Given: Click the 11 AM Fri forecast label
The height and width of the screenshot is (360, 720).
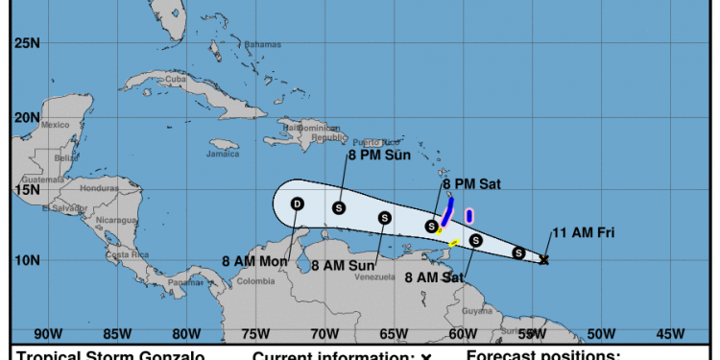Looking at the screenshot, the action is click(583, 232).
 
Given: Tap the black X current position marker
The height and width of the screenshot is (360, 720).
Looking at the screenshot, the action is click(544, 260).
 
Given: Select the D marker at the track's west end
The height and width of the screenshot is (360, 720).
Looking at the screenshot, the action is click(297, 204).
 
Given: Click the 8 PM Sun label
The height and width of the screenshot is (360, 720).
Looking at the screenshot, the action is click(379, 154).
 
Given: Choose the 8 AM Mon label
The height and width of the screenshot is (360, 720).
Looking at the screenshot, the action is click(253, 260).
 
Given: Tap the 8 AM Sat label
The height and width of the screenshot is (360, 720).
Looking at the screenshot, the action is click(434, 278).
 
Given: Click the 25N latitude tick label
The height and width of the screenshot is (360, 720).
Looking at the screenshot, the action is click(27, 43).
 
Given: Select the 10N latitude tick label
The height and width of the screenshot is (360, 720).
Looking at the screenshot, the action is click(27, 260).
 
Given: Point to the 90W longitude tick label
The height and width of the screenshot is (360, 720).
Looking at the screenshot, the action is click(48, 334).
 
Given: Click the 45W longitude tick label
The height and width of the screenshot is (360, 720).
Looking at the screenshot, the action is click(670, 334).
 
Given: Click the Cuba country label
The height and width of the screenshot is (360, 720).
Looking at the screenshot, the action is click(175, 79).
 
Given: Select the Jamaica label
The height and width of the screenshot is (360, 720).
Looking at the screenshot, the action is click(223, 154).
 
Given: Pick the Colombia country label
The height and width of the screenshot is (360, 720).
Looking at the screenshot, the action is click(255, 280).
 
